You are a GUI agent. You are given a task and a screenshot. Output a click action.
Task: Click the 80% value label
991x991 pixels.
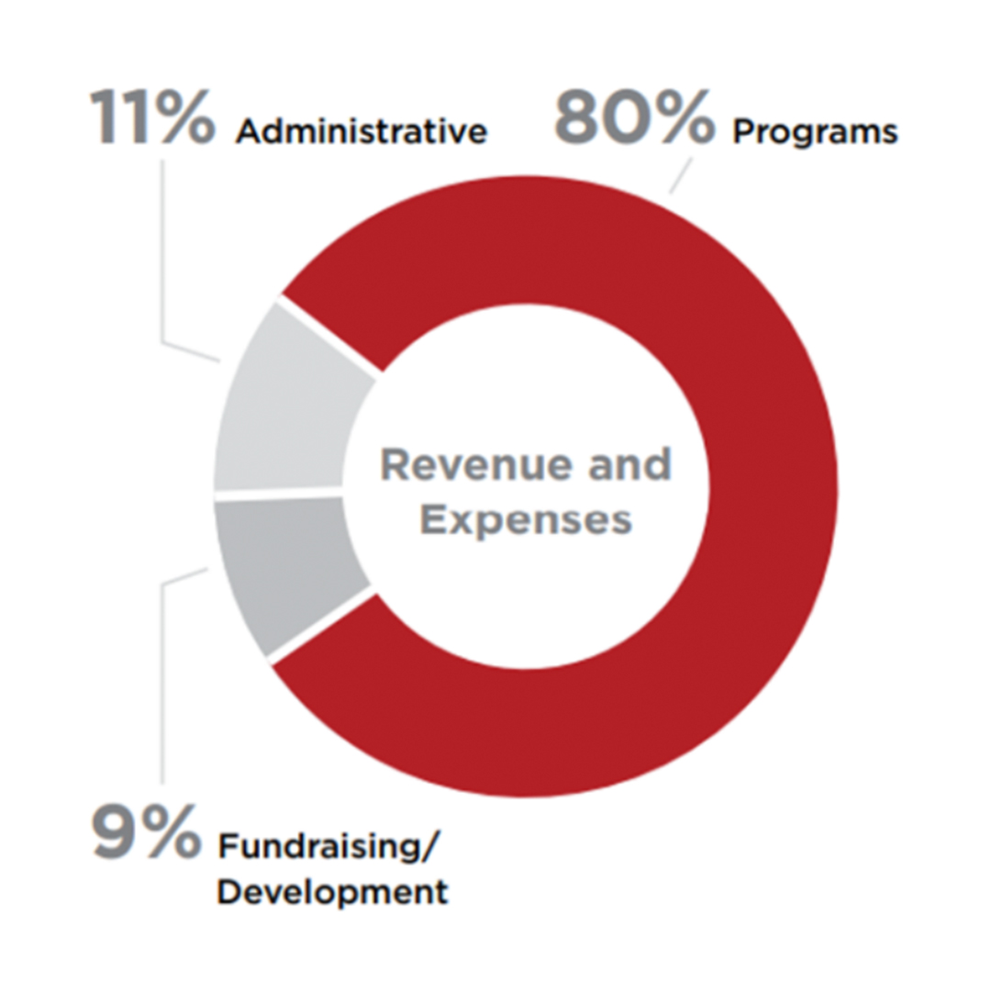pyautogui.click(x=635, y=117)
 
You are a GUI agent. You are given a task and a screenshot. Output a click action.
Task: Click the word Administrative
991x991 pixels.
pyautogui.click(x=362, y=131)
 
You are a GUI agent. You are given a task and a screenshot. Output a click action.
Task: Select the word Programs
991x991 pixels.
pyautogui.click(x=816, y=133)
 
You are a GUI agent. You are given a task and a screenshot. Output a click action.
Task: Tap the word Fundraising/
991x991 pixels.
pyautogui.click(x=328, y=846)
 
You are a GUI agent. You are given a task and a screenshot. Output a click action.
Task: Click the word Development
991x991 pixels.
pyautogui.click(x=332, y=893)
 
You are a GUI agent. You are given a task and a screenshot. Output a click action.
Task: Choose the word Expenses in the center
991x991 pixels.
pyautogui.click(x=526, y=521)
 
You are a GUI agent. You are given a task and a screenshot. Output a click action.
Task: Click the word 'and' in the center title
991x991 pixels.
pyautogui.click(x=629, y=464)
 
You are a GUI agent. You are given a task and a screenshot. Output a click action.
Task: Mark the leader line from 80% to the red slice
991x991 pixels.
pyautogui.click(x=681, y=175)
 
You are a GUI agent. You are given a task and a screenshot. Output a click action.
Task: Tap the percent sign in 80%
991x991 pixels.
pyautogui.click(x=685, y=117)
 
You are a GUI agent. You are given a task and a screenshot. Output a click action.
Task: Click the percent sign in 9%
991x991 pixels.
pyautogui.click(x=171, y=831)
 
